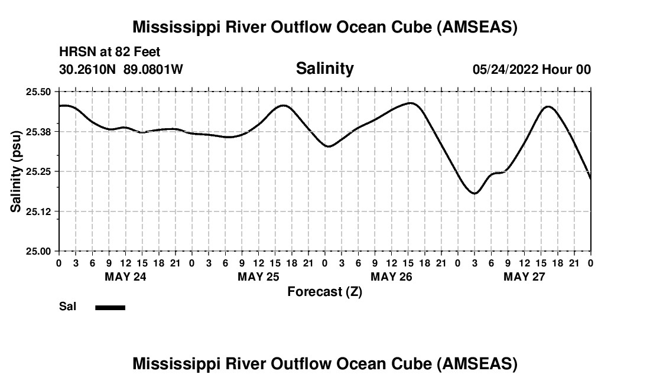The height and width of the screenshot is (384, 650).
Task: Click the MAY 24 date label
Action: (125, 276)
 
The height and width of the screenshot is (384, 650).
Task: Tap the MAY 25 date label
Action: (258, 276)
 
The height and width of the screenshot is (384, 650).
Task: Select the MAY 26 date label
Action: (391, 276)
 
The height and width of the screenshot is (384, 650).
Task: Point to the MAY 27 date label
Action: (524, 276)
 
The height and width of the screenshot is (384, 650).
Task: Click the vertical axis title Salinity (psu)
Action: (17, 171)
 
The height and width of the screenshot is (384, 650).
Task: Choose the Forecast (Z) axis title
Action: (324, 291)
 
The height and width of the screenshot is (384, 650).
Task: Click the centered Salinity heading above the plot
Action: (324, 69)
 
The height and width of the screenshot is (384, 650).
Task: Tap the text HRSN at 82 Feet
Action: (110, 53)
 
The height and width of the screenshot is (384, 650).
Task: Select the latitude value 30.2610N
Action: (89, 69)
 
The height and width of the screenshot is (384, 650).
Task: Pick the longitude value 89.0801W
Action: (153, 69)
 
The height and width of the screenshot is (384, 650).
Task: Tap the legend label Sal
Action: (67, 307)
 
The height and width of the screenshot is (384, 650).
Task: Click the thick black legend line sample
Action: (110, 307)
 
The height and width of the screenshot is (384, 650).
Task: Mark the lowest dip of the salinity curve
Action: (474, 193)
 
